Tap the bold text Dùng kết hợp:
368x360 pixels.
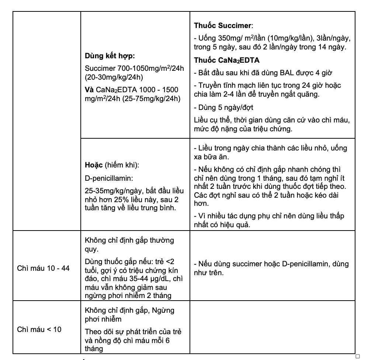click(110, 56)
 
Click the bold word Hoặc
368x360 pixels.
click(94, 165)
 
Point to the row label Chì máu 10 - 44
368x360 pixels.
click(43, 268)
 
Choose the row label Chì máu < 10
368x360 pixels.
click(39, 329)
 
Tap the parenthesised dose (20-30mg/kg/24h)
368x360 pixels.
click(114, 77)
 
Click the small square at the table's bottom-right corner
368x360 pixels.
click(357, 356)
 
